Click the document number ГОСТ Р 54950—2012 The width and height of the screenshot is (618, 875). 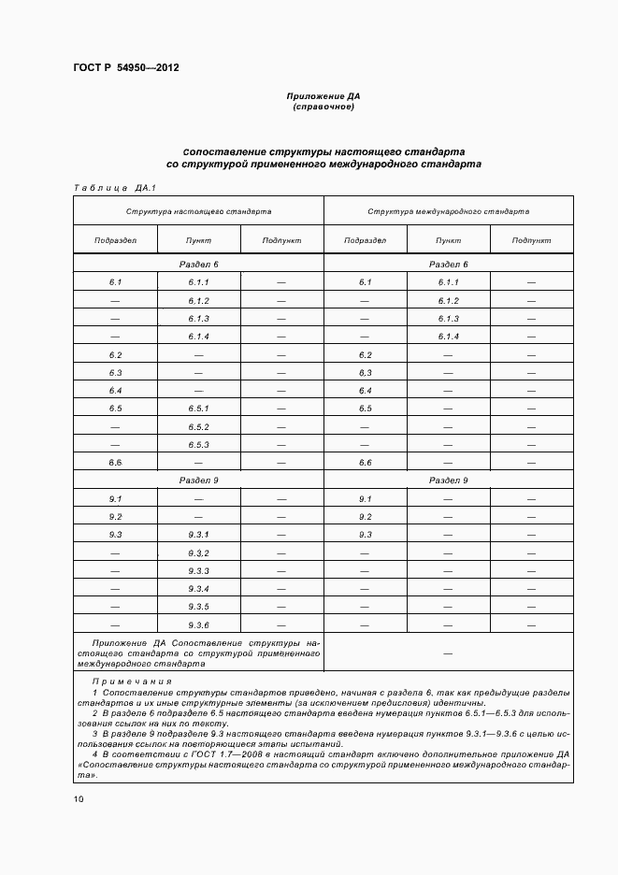[125, 67]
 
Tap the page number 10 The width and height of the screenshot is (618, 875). [79, 799]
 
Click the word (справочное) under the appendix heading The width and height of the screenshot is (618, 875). [323, 108]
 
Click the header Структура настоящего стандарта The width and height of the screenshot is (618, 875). [198, 212]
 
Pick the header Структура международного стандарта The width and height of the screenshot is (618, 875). [448, 212]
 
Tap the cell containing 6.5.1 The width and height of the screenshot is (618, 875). [198, 409]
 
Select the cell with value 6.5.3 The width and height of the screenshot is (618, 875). [198, 444]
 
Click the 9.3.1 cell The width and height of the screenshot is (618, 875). [198, 535]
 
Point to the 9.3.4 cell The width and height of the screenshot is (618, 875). [198, 588]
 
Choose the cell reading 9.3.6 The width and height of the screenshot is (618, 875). [198, 624]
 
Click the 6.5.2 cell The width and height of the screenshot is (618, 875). [198, 426]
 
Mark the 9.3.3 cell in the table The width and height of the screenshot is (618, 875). [198, 570]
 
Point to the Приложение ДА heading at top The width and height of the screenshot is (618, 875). [323, 96]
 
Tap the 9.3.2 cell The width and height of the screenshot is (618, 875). [198, 552]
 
